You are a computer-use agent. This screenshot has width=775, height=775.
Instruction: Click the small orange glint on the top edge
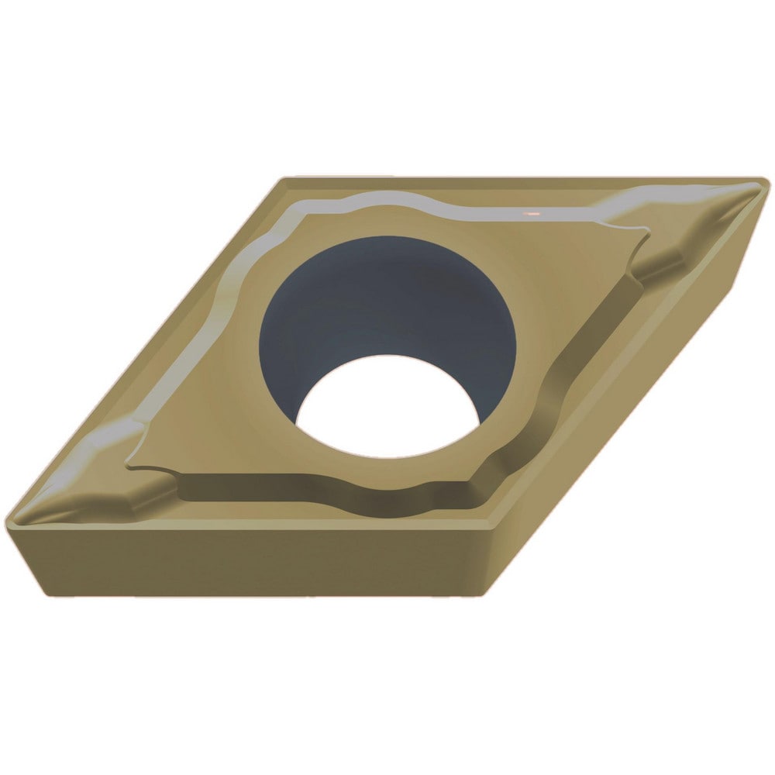coord(532,211)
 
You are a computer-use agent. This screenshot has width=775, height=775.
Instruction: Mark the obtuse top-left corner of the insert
coord(284,180)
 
